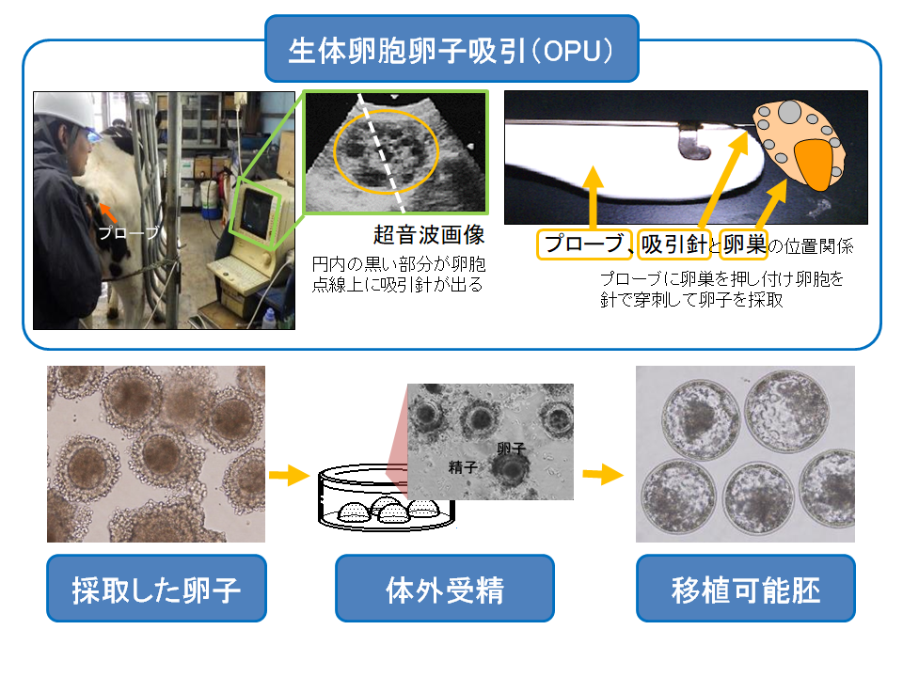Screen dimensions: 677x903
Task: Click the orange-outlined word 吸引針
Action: (673, 244)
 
